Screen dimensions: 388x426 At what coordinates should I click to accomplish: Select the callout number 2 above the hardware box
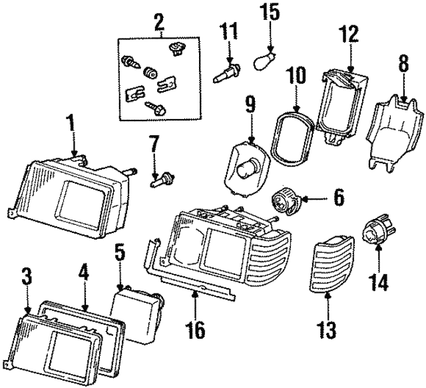158,21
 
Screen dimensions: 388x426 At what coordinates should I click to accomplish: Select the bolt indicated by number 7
162,178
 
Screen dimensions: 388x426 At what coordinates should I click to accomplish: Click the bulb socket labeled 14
377,234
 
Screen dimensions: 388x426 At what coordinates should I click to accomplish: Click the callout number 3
26,276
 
